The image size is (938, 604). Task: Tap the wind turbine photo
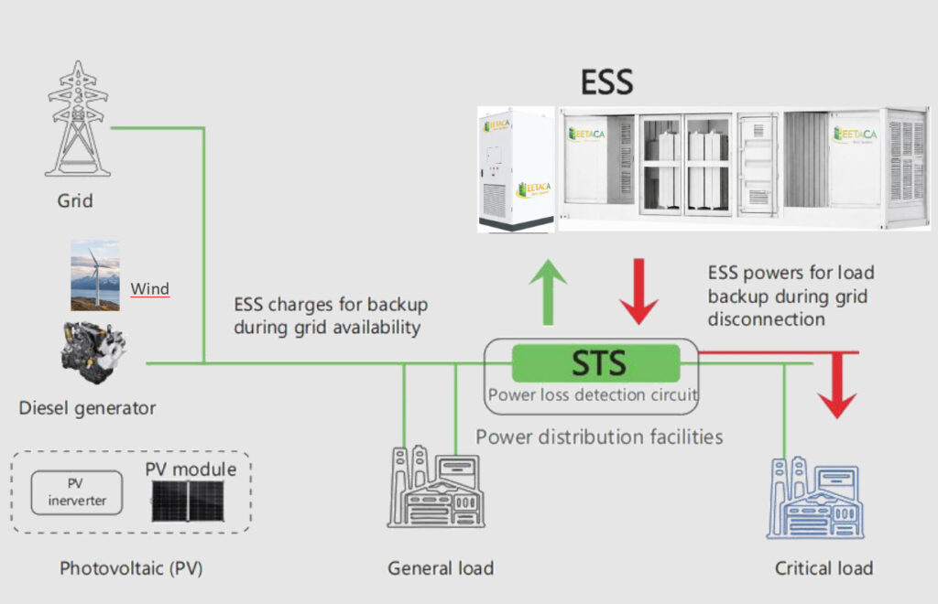95,275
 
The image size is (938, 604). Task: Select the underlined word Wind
149,289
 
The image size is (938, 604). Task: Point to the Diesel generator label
87,408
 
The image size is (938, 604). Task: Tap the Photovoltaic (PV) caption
131,568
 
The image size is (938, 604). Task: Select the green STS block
595,362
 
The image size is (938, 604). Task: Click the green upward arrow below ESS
549,291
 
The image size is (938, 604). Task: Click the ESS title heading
606,83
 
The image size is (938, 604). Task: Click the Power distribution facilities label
599,437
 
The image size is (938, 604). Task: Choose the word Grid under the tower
75,200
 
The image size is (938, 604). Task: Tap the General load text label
441,568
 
